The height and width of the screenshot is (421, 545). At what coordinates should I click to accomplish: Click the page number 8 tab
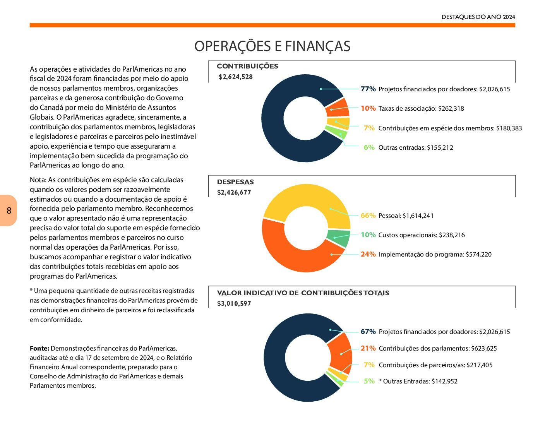pyautogui.click(x=8, y=210)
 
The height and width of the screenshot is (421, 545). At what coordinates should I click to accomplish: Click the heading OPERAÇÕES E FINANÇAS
pyautogui.click(x=272, y=46)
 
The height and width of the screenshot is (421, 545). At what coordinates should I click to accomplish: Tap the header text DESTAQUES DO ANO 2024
pyautogui.click(x=478, y=17)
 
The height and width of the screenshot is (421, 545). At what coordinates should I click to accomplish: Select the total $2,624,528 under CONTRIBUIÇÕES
pyautogui.click(x=235, y=77)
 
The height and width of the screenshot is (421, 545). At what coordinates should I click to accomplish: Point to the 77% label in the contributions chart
pyautogui.click(x=368, y=89)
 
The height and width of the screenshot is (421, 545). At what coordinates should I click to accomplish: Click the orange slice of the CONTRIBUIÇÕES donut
pyautogui.click(x=338, y=108)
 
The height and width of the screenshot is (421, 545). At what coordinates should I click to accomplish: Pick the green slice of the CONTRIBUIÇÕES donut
pyautogui.click(x=337, y=132)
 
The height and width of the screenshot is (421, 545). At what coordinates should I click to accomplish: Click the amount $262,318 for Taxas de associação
pyautogui.click(x=451, y=109)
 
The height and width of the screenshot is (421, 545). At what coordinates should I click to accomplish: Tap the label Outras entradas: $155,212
pyautogui.click(x=416, y=147)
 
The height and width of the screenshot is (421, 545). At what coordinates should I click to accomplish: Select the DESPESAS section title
pyautogui.click(x=235, y=182)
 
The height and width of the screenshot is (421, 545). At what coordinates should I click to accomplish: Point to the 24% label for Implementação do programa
pyautogui.click(x=368, y=254)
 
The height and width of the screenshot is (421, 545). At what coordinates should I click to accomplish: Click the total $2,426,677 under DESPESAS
pyautogui.click(x=234, y=193)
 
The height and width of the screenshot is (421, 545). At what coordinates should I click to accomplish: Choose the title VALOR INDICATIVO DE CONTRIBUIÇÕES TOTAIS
pyautogui.click(x=303, y=293)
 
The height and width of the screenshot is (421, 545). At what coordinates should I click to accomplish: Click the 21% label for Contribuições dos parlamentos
pyautogui.click(x=368, y=348)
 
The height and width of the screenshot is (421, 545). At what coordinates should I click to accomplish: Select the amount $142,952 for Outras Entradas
pyautogui.click(x=444, y=382)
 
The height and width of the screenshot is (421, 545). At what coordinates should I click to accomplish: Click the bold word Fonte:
pyautogui.click(x=39, y=348)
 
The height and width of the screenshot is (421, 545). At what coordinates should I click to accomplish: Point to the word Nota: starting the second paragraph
pyautogui.click(x=38, y=180)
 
